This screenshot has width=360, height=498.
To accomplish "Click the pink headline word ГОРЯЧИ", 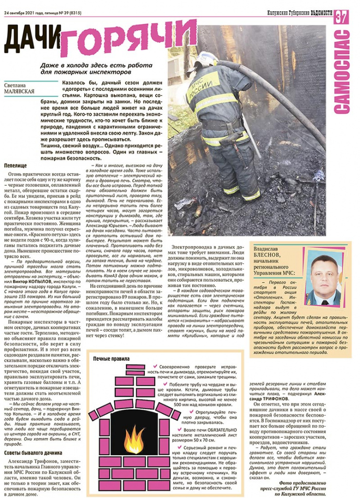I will (129, 38).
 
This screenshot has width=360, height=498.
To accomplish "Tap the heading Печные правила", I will (111, 359).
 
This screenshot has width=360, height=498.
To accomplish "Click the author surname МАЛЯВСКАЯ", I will (21, 91).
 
